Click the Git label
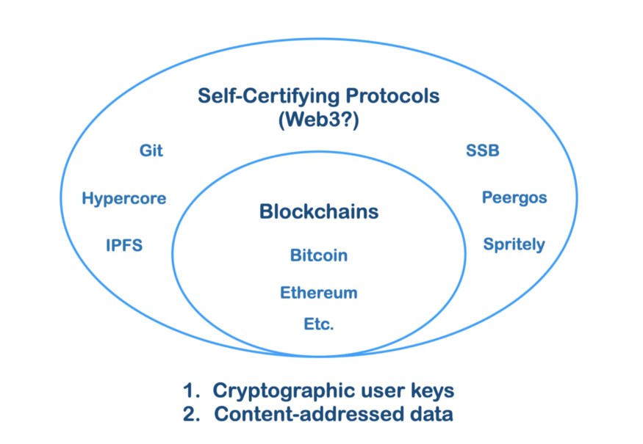click(x=151, y=151)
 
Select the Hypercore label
click(x=124, y=198)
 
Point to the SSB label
click(x=482, y=151)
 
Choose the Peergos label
click(x=514, y=197)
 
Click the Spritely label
click(x=514, y=244)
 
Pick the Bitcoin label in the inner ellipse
click(x=318, y=256)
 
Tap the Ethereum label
click(x=318, y=293)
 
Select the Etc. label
click(x=318, y=324)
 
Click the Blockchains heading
click(x=318, y=212)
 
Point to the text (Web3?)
click(x=318, y=121)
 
